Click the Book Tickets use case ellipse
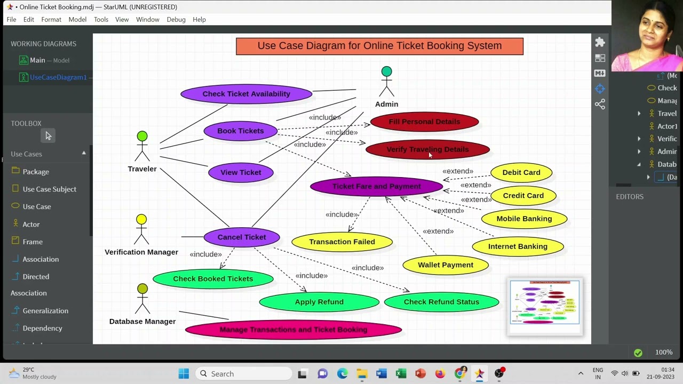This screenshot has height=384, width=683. coord(241,131)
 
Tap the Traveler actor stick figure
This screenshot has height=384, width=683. coord(142,146)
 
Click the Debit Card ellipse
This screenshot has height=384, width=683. coord(521,172)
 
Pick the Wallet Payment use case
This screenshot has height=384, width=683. coord(446,265)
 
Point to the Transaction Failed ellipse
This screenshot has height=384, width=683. coord(342,242)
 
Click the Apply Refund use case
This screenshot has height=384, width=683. coord(319,302)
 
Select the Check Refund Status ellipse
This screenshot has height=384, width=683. coord(441,302)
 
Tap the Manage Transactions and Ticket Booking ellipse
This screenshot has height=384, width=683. coord(293,330)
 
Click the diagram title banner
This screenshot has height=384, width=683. coord(379,46)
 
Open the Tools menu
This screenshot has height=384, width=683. coord(101,20)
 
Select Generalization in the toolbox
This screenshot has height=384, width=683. coord(45,310)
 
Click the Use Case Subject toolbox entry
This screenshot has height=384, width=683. coord(49,189)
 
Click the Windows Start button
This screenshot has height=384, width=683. coord(184,374)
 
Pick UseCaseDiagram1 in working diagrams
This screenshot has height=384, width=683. coord(58,77)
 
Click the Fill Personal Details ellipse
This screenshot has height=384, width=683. coord(424,122)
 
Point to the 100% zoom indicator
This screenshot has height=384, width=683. coord(664,352)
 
